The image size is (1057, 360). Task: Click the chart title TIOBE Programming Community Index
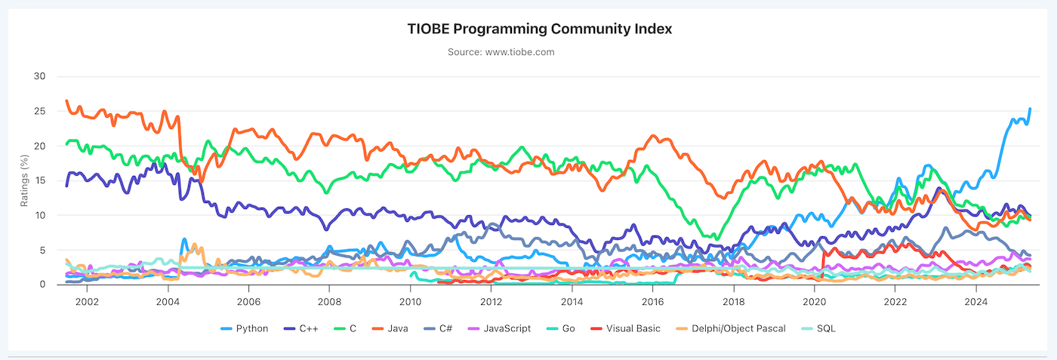pos(539,29)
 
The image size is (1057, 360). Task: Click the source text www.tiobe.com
pos(520,52)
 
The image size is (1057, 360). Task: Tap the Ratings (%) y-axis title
pos(24,180)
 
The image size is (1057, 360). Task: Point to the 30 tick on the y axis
pos(39,76)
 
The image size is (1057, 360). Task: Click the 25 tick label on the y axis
pos(39,112)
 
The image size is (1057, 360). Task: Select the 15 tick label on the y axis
pos(39,180)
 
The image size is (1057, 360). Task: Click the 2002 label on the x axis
pos(88,301)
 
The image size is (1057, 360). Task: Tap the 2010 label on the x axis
pos(410,301)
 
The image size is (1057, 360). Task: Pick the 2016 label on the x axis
pos(652,301)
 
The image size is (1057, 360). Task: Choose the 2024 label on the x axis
pos(975,301)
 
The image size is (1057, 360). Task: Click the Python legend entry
pos(245,328)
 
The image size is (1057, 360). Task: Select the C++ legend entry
pos(301,328)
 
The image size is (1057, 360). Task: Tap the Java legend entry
pos(390,328)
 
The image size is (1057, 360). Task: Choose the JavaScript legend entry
pos(499,328)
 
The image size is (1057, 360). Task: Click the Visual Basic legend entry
pos(626,328)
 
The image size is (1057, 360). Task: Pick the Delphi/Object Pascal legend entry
pos(731,328)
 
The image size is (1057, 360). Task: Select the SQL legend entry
pos(818,328)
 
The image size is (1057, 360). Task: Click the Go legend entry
pos(560,328)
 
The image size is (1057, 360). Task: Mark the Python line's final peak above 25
pos(1030,109)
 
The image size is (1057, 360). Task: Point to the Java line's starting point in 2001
pos(66,100)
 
